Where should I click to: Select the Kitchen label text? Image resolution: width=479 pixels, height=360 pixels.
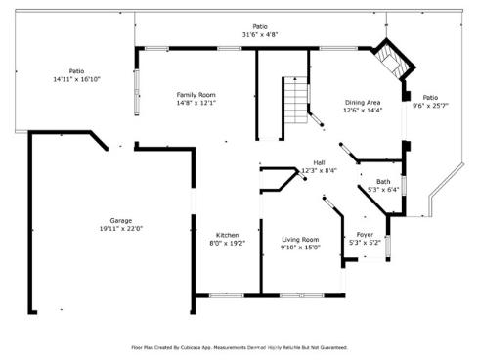(x=228, y=235)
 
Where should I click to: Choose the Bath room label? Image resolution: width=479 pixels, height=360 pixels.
(x=383, y=181)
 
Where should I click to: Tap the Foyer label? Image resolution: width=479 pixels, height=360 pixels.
(x=364, y=235)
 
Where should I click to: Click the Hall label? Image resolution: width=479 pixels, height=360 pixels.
(x=319, y=162)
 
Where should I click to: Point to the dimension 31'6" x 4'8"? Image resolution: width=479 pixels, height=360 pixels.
(x=260, y=34)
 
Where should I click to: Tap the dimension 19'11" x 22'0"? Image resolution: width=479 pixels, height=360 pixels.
(x=120, y=228)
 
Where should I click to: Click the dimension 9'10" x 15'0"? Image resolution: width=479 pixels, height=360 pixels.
(x=301, y=247)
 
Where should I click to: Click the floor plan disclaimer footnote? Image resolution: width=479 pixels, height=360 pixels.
(x=239, y=347)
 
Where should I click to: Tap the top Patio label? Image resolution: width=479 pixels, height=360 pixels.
(x=260, y=26)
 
